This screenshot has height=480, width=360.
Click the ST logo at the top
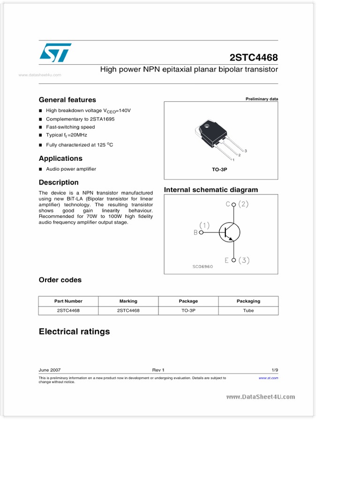point(55,52)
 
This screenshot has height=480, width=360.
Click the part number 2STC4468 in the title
point(254,57)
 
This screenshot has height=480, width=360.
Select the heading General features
point(67,100)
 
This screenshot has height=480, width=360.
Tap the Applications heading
point(60,158)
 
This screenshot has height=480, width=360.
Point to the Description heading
point(59,182)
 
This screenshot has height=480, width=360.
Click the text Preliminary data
point(262,99)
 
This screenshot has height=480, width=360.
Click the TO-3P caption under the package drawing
point(219,169)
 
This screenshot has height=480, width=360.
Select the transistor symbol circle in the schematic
point(230,232)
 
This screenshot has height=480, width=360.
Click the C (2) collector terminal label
point(237,204)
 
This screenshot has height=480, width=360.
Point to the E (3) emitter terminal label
point(237,261)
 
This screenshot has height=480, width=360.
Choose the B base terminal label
point(195,232)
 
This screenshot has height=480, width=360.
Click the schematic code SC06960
point(202,267)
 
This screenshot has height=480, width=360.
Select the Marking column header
point(128,301)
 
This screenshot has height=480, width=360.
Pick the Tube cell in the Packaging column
point(248,310)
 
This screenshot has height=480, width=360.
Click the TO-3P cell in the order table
point(188,310)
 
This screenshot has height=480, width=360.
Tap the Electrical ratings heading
point(74,332)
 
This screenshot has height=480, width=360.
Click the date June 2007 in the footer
point(49,370)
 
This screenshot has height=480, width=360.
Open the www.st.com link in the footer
point(268,378)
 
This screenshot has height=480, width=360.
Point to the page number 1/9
point(274,370)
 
